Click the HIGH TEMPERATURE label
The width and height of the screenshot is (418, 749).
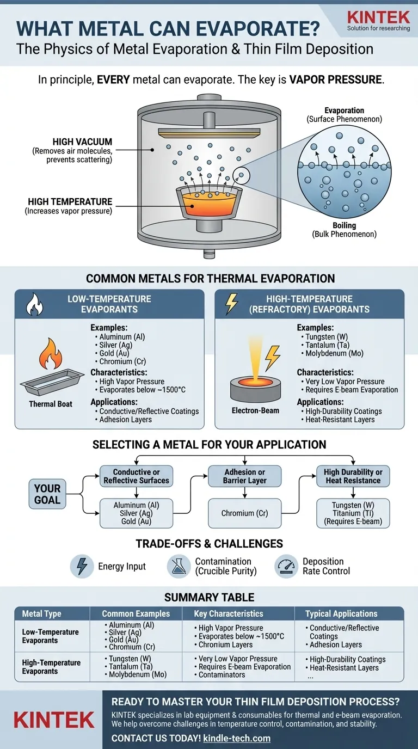pos(70,201)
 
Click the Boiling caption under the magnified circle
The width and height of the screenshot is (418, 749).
pos(344,225)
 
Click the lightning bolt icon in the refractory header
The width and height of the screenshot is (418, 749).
pos(231,304)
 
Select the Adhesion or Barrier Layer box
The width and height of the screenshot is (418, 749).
pos(245,476)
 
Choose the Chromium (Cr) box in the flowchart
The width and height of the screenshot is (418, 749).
pos(245,513)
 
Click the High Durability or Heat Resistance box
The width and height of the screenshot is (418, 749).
pos(353,476)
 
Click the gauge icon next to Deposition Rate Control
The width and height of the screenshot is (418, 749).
pos(286,566)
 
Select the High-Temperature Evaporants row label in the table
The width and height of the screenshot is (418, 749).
pos(51,667)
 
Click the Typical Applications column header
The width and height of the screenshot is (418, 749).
pos(341,613)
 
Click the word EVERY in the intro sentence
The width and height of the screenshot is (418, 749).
pos(114,79)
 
